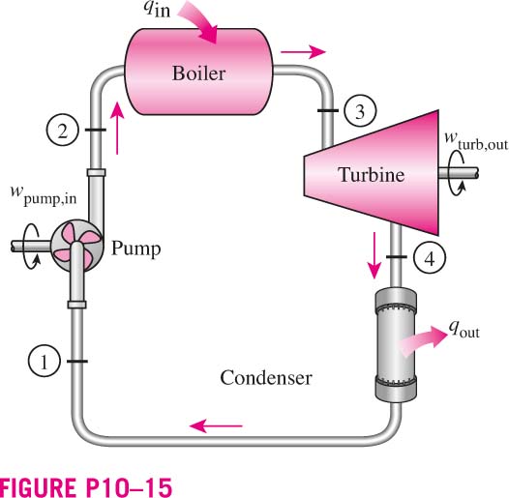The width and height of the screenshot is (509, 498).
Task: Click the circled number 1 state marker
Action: (45, 361)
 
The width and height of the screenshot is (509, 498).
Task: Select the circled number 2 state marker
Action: (62, 131)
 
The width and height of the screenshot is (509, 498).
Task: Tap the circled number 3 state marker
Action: (360, 110)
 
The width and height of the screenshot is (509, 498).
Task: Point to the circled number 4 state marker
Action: (430, 258)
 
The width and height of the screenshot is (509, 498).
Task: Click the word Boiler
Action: (198, 73)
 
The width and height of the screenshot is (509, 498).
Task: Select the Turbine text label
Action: (372, 175)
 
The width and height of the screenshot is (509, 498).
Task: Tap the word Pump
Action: (136, 249)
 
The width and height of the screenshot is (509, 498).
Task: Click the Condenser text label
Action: (266, 378)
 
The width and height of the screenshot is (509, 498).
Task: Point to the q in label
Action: (157, 9)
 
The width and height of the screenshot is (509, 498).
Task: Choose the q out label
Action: (464, 329)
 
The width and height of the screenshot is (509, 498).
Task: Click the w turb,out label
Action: (476, 141)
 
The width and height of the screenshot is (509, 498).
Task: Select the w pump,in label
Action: (44, 195)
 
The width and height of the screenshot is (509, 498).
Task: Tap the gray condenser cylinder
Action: (396, 345)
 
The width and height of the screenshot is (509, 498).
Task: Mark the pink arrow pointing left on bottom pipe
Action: (216, 425)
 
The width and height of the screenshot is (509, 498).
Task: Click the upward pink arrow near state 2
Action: (116, 128)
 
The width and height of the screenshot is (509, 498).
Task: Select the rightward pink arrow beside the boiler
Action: (303, 51)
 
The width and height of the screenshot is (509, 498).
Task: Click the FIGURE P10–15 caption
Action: (86, 486)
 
